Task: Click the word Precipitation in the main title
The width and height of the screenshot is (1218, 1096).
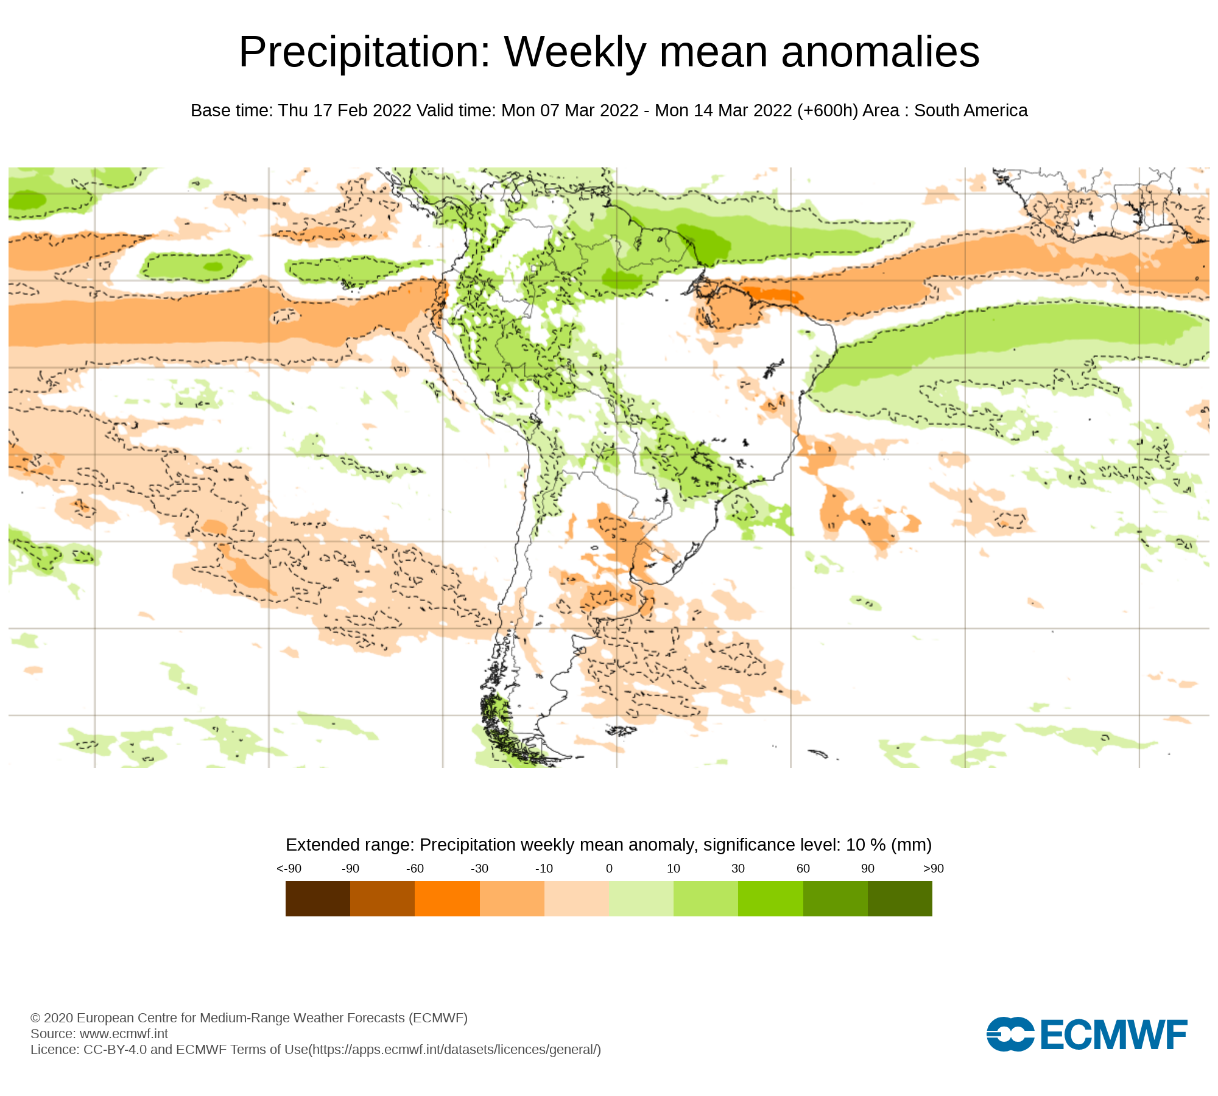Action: click(364, 52)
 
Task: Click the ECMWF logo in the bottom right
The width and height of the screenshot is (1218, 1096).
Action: click(1086, 1034)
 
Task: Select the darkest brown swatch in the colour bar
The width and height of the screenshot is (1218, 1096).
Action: click(317, 898)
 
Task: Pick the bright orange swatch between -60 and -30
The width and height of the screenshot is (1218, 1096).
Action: click(447, 898)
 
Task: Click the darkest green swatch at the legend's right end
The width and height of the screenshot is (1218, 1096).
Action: click(899, 898)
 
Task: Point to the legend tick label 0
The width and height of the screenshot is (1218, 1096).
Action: click(609, 868)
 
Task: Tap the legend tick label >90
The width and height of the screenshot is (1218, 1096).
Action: click(933, 868)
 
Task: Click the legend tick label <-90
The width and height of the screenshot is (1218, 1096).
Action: click(289, 868)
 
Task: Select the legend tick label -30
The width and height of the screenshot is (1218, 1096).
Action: click(479, 868)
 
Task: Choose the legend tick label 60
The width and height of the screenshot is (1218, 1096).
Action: click(803, 868)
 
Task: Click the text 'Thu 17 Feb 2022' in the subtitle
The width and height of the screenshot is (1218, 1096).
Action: click(345, 111)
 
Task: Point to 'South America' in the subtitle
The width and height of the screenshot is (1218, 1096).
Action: click(971, 111)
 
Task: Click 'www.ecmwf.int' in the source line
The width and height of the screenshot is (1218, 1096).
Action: click(124, 1033)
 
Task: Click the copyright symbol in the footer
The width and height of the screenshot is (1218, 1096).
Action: click(35, 1018)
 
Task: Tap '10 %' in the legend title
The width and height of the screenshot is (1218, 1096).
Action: click(866, 845)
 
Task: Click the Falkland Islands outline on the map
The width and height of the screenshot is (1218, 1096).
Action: click(621, 729)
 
